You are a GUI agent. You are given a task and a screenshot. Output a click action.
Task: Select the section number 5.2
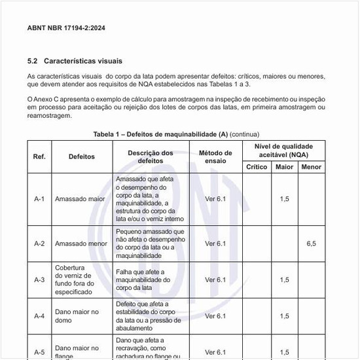click(33, 61)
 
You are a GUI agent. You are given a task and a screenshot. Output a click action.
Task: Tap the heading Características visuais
click(82, 61)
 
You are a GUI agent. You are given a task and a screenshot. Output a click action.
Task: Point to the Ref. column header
click(39, 156)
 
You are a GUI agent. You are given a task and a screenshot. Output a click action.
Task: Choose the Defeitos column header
click(82, 156)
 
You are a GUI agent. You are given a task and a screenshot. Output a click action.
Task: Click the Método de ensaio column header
click(215, 156)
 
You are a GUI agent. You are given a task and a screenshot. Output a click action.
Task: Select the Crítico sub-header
click(257, 167)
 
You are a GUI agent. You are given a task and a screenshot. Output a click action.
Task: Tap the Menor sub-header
click(310, 167)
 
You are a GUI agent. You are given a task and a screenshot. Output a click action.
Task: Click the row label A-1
click(39, 199)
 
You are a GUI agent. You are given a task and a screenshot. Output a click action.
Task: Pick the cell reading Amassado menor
click(81, 243)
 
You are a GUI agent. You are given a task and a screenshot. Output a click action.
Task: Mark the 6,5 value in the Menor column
click(311, 243)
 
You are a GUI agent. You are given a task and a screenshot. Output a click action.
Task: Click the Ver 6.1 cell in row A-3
click(215, 279)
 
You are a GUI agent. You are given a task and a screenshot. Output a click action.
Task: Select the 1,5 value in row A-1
click(284, 199)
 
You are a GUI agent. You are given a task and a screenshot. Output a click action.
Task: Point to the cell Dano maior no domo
click(77, 316)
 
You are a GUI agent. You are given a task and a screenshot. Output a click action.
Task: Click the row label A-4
click(39, 316)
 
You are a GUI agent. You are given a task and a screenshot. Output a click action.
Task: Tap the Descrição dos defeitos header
click(150, 156)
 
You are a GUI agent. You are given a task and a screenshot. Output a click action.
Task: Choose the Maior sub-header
click(284, 167)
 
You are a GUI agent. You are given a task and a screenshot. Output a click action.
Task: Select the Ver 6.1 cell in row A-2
click(215, 243)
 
